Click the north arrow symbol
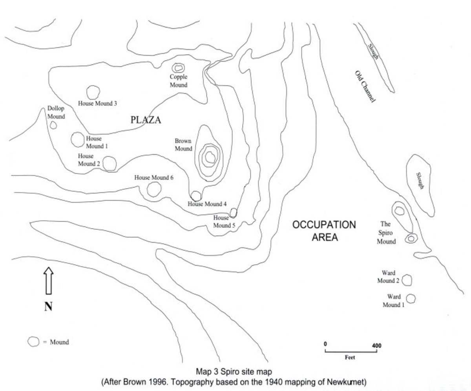coord(48,281)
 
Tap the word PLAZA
coord(146,120)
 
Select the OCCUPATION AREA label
coord(324,231)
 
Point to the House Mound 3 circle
coord(93,92)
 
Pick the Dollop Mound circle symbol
coord(53,125)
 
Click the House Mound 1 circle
coord(77,139)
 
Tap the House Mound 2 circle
coord(110,163)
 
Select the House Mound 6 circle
coord(154,189)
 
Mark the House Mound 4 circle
coord(195,195)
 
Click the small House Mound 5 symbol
coord(233,213)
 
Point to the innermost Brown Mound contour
coord(210,157)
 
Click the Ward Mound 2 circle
coord(407,280)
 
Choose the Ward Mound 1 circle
coord(411,298)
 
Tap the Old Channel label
coord(365,87)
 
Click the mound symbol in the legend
coord(34,341)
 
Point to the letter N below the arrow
coord(48,307)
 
